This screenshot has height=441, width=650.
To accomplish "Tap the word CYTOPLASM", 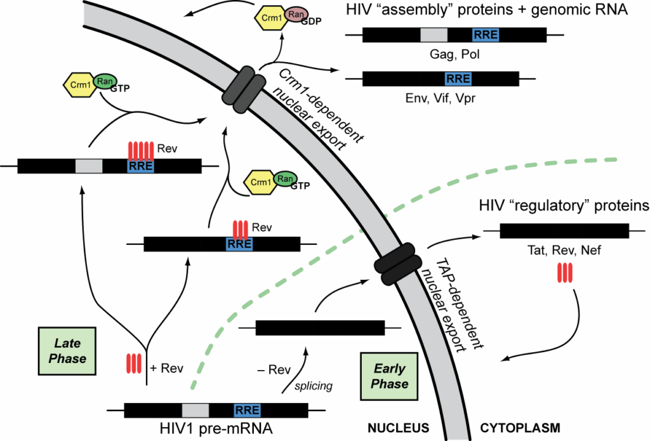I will (x=520, y=428).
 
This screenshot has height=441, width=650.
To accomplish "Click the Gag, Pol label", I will (x=453, y=55).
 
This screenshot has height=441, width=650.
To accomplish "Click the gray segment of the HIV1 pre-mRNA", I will (x=195, y=410).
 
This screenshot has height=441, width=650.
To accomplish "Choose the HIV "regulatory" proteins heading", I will (x=562, y=206).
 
